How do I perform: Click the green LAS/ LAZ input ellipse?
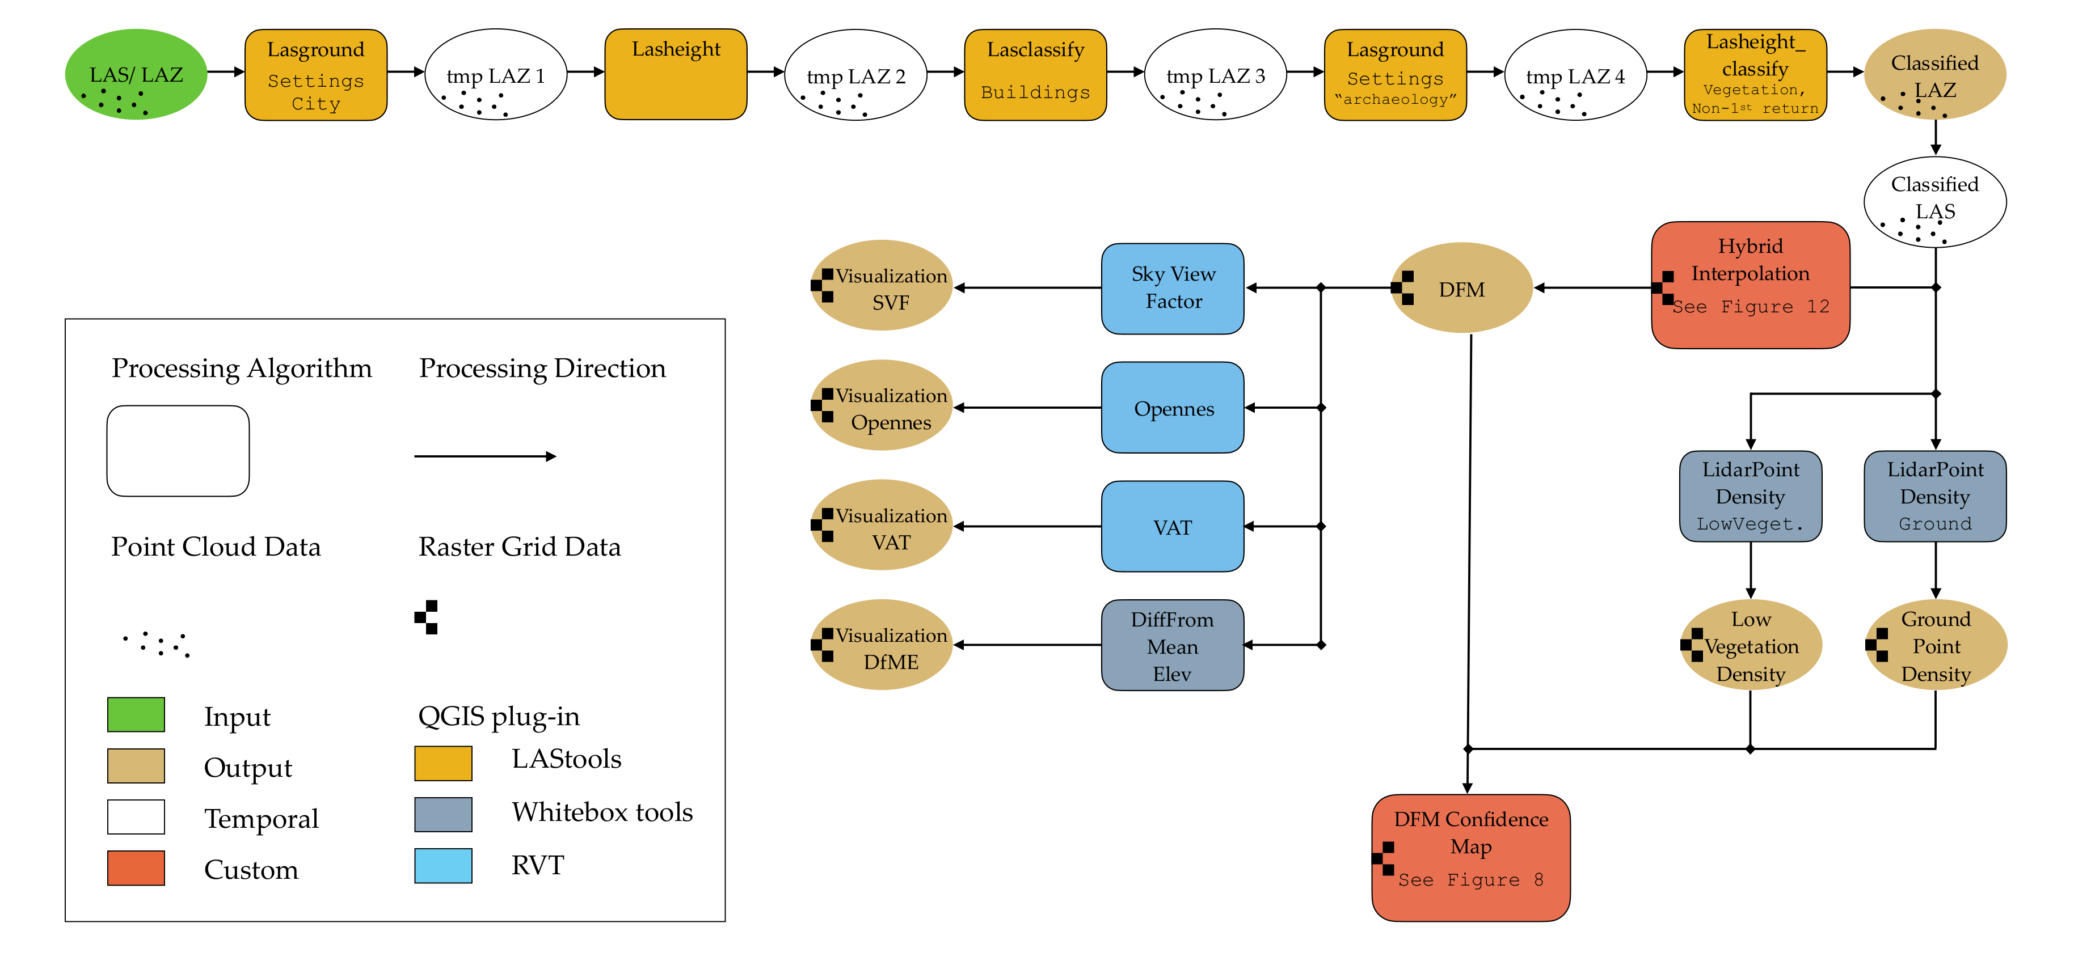pos(136,74)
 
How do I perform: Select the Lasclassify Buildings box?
pos(1035,74)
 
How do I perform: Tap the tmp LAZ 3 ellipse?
pos(1215,74)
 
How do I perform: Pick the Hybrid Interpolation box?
pos(1750,285)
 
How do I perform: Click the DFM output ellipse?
pos(1461,287)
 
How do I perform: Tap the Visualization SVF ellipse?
pos(882,285)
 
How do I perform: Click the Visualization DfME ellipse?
pos(882,645)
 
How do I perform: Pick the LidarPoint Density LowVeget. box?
pos(1750,496)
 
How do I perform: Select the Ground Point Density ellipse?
pos(1936,645)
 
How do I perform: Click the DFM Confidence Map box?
pos(1471,858)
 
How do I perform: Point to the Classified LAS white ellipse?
pos(1934,201)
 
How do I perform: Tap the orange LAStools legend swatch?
pos(443,763)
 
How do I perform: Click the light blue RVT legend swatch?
pos(443,865)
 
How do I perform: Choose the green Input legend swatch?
pos(136,715)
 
